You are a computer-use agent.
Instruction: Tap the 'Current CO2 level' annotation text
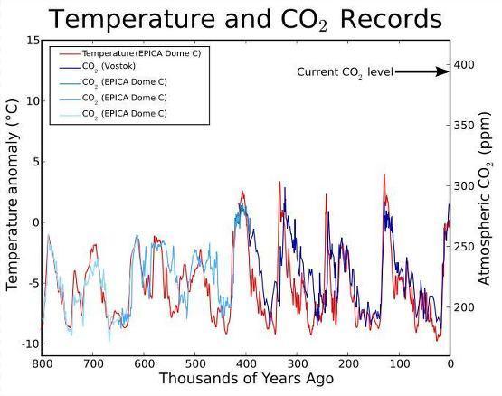(x=345, y=71)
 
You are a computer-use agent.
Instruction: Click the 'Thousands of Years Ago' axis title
(x=246, y=379)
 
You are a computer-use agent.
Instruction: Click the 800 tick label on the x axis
(x=42, y=364)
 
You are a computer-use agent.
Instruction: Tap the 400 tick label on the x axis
(x=246, y=364)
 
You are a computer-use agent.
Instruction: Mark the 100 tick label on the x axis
(x=399, y=364)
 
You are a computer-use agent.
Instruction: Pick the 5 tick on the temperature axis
(x=34, y=162)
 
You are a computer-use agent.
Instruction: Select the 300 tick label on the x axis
(x=297, y=364)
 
